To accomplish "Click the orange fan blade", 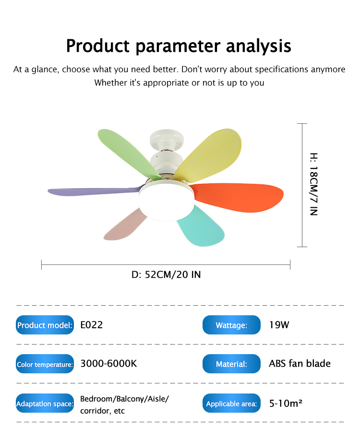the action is coord(239,197).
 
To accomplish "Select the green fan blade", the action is coord(128,152).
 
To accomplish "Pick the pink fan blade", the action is coord(125,225).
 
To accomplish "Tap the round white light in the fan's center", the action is coord(167,201).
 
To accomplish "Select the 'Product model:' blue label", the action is coord(45,325).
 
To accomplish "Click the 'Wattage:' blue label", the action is coord(231,325).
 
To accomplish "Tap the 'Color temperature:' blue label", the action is coord(45,364).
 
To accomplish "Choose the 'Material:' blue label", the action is coord(231,364).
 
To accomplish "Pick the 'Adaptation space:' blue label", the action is coord(45,403).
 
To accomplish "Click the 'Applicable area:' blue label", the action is coord(231,403).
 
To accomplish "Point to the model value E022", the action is coord(92,325).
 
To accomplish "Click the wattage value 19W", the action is coord(279,325).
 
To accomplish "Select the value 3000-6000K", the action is coord(108,364).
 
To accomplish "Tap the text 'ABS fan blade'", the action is coord(300,363).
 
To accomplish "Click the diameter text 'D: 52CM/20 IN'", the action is coord(166,274).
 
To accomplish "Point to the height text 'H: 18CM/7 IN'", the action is coord(313,184).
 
